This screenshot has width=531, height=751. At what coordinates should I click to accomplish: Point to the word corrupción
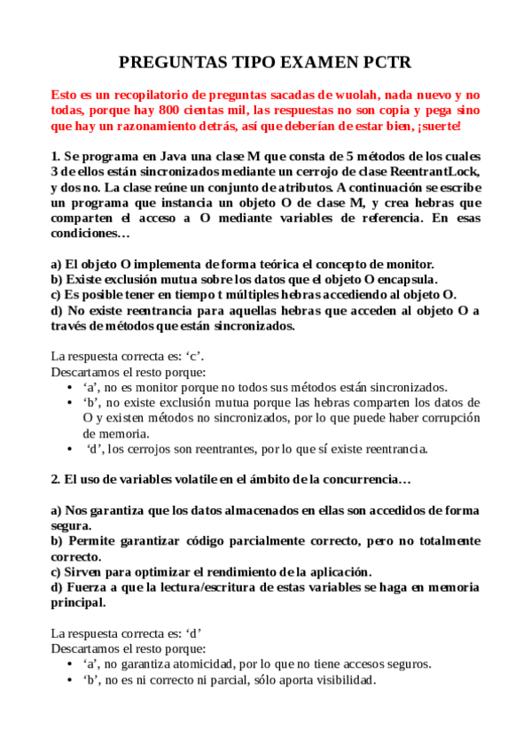[445, 418]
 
